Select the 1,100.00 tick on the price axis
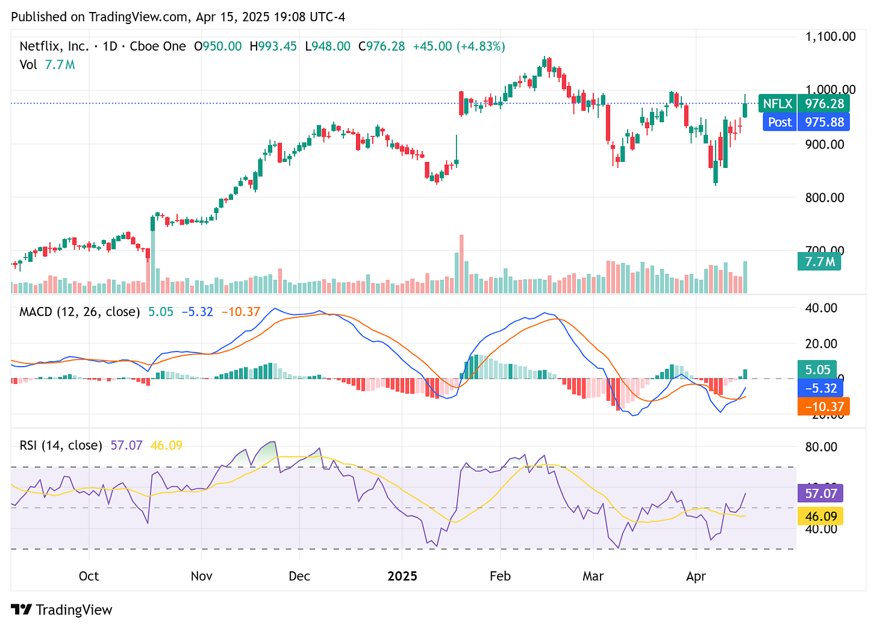(830, 37)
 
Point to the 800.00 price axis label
(825, 197)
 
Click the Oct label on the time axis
(89, 576)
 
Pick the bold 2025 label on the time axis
(402, 576)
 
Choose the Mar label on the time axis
(593, 576)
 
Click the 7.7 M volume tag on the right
(819, 262)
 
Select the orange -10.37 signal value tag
(823, 406)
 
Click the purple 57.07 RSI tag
(821, 494)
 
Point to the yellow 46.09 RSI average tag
(820, 516)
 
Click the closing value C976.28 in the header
(381, 46)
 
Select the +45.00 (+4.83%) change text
(459, 46)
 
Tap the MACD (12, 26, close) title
(80, 312)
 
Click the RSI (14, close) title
(61, 445)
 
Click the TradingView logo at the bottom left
(62, 610)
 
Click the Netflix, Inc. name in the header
(54, 46)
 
